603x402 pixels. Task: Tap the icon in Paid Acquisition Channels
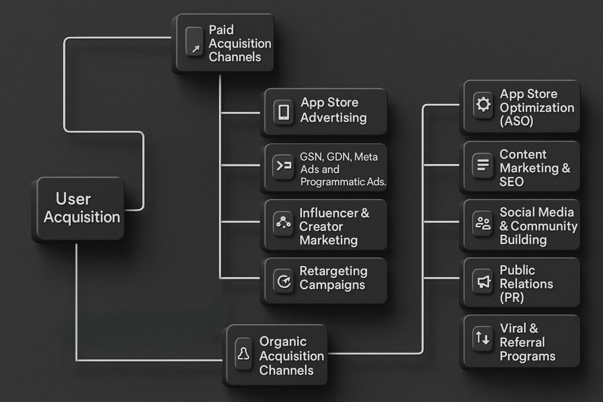pos(194,42)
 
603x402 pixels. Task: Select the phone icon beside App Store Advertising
pos(284,112)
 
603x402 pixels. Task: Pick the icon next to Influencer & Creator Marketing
pos(284,222)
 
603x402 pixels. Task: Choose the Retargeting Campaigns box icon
pos(284,281)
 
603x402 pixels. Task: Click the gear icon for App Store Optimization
pos(483,105)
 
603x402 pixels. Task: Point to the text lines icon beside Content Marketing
pos(483,165)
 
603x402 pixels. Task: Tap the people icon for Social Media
pos(483,223)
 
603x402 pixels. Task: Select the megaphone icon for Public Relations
pos(483,282)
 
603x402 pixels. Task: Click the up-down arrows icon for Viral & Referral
pos(482,338)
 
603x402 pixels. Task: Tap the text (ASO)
pos(516,121)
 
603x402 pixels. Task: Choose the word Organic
pos(283,342)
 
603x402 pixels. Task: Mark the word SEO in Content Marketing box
pos(511,182)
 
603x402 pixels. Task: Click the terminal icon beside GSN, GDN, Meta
pos(284,166)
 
